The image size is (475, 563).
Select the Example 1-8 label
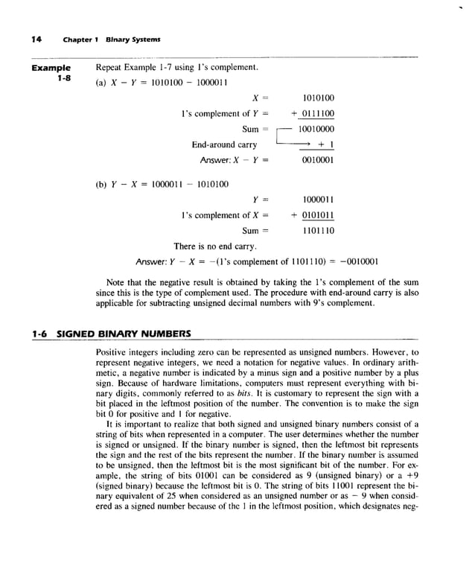[x=51, y=73]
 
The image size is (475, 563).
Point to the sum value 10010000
[x=316, y=130]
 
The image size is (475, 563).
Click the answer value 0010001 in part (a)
[x=318, y=160]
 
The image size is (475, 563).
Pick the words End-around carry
[x=224, y=144]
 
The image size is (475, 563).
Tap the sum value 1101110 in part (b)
[x=318, y=231]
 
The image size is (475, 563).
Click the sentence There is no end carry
[x=215, y=246]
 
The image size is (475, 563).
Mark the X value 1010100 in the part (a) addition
[x=319, y=98]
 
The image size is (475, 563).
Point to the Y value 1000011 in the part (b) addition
[x=319, y=200]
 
